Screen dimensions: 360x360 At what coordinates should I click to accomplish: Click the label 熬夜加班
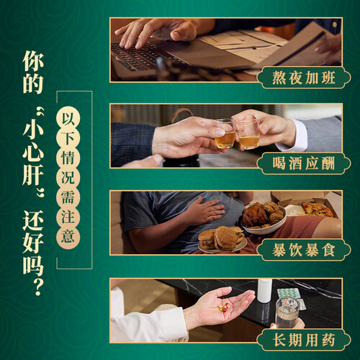304,78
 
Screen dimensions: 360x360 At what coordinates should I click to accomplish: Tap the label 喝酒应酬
304,163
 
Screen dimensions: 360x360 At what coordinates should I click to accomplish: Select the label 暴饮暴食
304,250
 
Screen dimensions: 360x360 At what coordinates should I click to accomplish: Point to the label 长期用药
304,340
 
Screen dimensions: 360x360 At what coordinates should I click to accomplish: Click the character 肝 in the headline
33,174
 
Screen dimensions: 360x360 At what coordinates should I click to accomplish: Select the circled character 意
68,236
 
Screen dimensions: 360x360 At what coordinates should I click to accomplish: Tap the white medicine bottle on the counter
265,290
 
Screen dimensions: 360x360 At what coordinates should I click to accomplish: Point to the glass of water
287,312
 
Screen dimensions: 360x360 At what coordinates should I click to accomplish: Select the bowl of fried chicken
264,218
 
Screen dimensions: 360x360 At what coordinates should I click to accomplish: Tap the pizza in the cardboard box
317,210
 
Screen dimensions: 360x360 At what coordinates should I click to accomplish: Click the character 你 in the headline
33,60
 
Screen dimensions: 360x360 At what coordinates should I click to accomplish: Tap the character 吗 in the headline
33,264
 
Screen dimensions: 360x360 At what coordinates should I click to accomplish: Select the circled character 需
68,197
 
